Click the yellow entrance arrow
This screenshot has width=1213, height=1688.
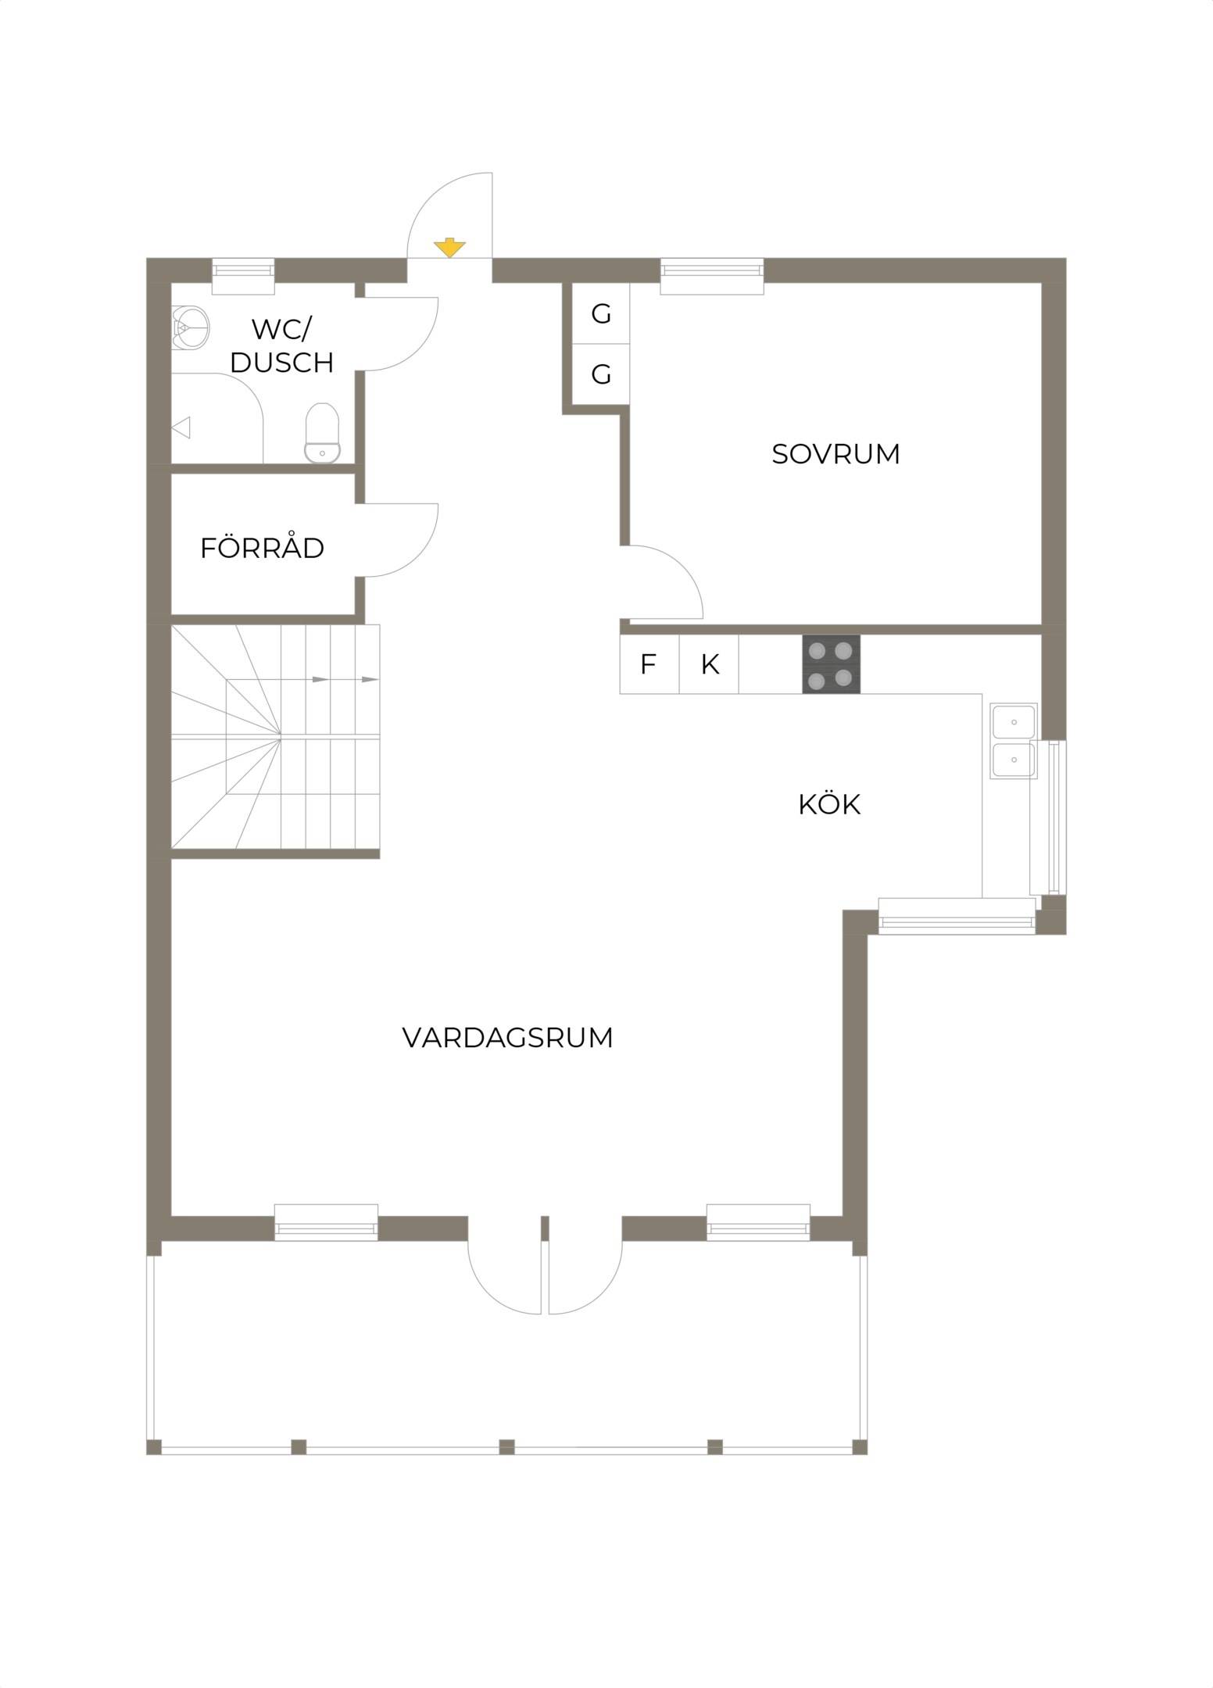click(x=449, y=248)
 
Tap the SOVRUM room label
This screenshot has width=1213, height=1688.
click(x=836, y=454)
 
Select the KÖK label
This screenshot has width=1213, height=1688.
click(x=829, y=803)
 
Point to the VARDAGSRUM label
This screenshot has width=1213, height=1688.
click(x=507, y=1038)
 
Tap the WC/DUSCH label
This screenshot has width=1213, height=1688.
click(x=282, y=346)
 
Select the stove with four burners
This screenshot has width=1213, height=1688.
click(x=831, y=663)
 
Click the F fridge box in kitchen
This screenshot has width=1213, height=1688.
click(x=648, y=664)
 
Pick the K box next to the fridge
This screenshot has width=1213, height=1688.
click(x=709, y=664)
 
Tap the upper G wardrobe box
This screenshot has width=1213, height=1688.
click(x=600, y=313)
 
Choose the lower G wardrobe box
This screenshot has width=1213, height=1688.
click(x=600, y=374)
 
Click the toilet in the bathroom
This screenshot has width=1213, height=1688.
click(x=322, y=433)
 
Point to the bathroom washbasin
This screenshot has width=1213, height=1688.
click(x=191, y=325)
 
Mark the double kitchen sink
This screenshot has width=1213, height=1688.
click(x=1013, y=741)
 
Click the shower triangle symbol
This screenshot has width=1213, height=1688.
click(x=181, y=427)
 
